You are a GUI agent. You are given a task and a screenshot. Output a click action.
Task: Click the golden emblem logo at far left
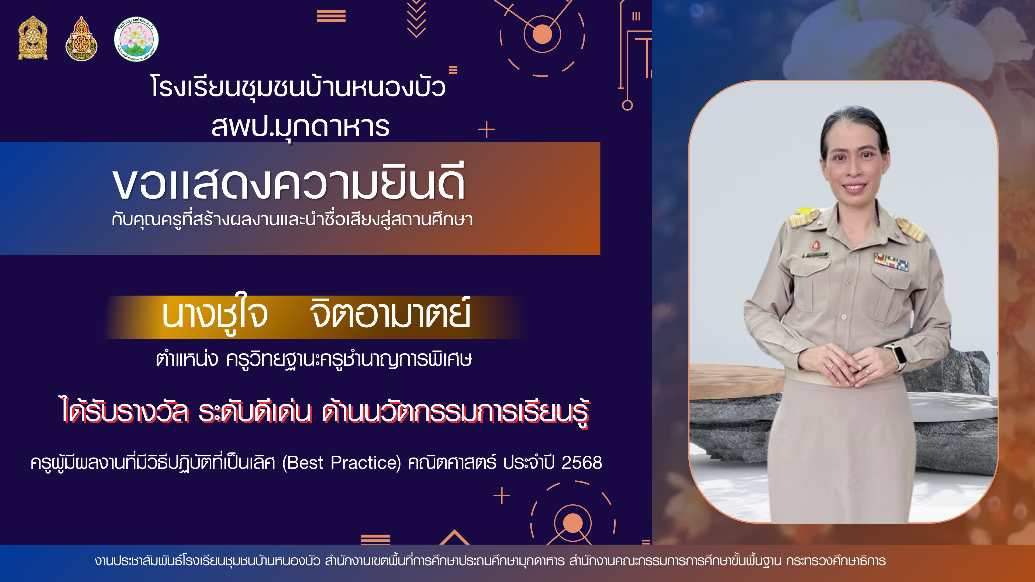point(33,38)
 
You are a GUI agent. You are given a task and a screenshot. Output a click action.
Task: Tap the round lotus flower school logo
point(136,39)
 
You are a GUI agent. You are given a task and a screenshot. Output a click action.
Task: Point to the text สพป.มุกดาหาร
point(300,127)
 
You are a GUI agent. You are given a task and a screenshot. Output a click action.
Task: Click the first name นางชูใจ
point(215,315)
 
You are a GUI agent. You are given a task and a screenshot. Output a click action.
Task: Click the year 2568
point(582,463)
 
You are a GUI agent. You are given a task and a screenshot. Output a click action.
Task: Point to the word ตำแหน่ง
point(187,359)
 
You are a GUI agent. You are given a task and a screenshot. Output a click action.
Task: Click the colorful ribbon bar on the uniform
point(891,262)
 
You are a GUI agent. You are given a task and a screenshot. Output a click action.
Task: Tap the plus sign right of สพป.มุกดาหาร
point(487,130)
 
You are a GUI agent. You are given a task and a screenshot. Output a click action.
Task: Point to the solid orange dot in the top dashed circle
point(542,34)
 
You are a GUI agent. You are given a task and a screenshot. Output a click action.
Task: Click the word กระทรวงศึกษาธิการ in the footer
point(836,561)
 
